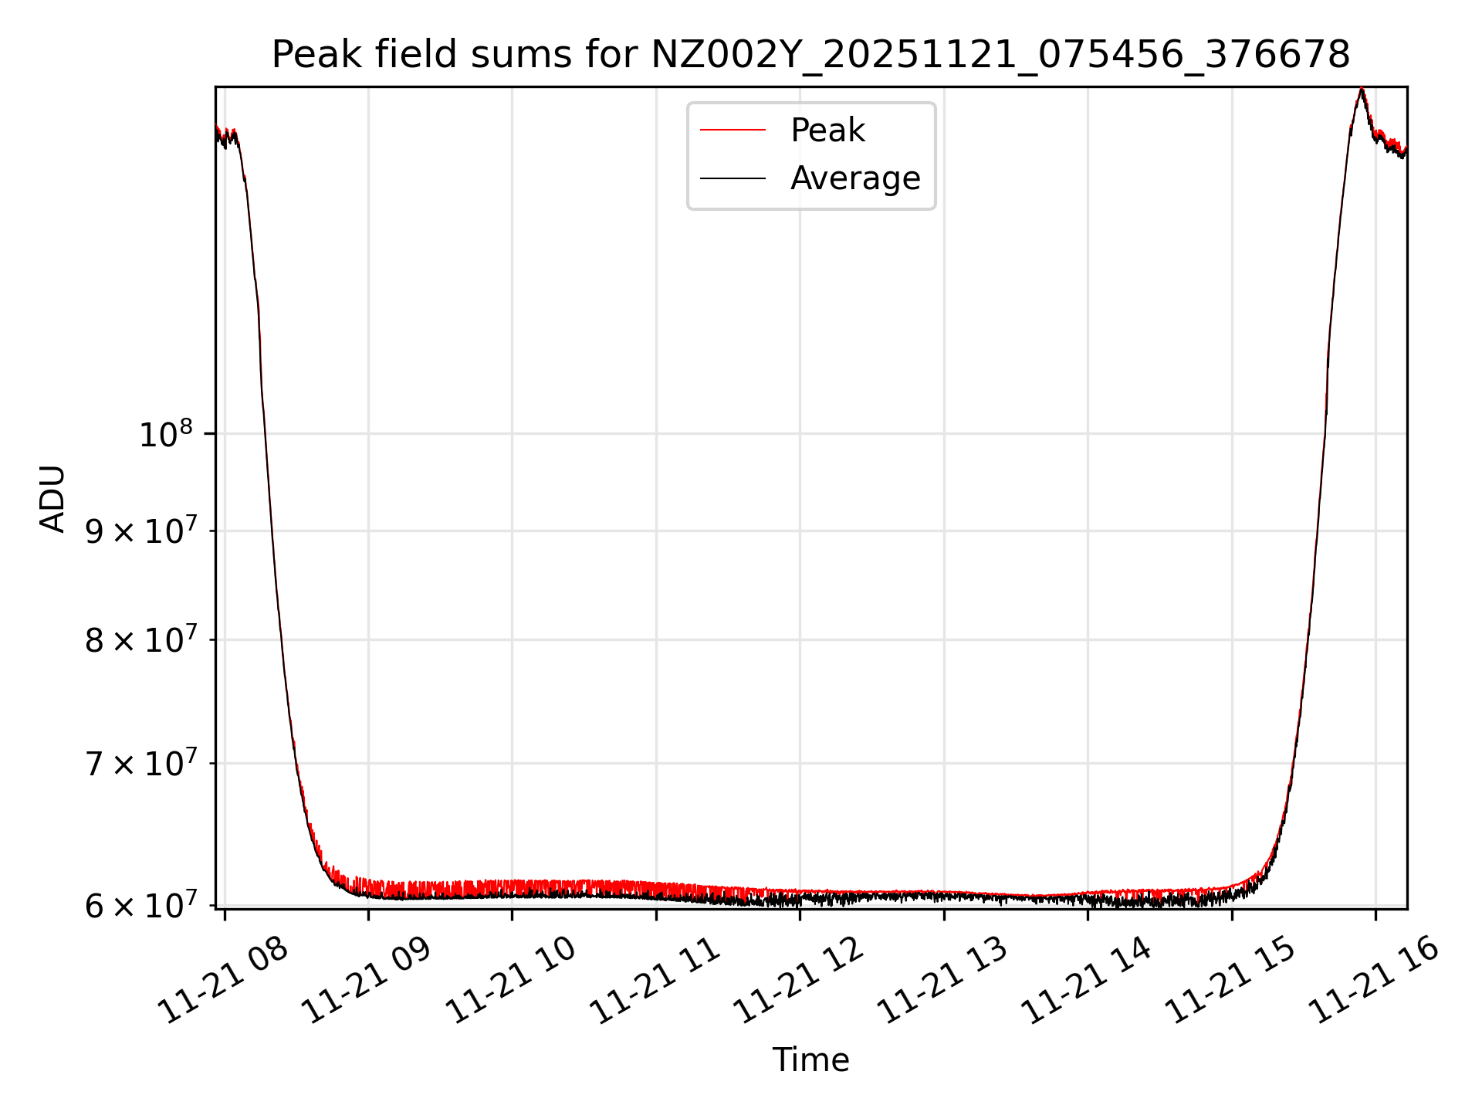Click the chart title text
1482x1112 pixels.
tap(810, 55)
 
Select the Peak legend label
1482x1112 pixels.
tap(827, 131)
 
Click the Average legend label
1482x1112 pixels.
tap(855, 178)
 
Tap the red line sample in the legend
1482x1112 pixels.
tap(733, 131)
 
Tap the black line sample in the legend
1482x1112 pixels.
tap(733, 178)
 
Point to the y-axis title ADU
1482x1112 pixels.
tap(53, 498)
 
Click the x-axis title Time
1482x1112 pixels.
tap(810, 1060)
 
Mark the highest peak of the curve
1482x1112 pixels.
tap(1362, 90)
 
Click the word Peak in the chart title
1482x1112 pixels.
tap(318, 55)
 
